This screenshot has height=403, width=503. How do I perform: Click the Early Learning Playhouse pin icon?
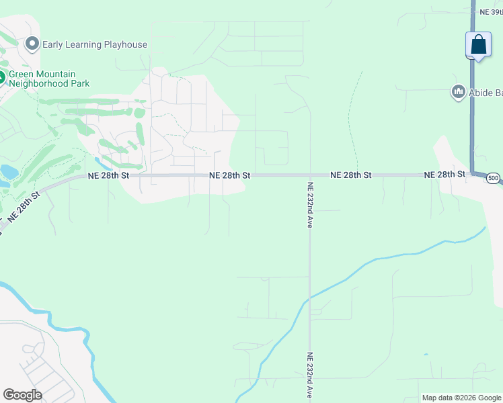tap(32, 45)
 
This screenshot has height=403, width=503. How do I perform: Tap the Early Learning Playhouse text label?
tap(95, 45)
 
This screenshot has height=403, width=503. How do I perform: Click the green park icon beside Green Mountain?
tap(2, 78)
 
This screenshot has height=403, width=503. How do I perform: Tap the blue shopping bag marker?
tap(478, 45)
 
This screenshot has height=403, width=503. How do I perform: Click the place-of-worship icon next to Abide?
tap(459, 91)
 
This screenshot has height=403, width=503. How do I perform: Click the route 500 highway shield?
tap(494, 178)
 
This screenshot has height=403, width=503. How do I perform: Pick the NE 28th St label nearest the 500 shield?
tap(444, 175)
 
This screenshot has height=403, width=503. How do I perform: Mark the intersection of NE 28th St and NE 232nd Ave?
tap(309, 175)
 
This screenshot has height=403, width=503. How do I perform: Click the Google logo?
tap(22, 395)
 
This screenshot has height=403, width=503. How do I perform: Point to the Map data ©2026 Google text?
tap(462, 398)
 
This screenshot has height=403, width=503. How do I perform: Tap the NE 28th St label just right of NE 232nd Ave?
tap(350, 175)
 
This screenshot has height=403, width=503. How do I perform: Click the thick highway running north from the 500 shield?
tap(473, 114)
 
